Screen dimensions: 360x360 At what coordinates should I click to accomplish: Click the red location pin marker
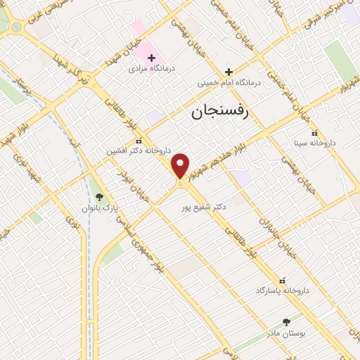181,166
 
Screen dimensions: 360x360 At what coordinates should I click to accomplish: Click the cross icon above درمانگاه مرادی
151,57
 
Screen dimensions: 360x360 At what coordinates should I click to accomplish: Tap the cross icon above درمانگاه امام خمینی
228,71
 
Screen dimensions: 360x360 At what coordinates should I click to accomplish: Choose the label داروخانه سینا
315,143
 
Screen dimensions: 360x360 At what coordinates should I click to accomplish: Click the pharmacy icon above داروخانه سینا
314,132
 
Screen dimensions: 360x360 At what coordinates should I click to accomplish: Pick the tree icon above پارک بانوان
99,197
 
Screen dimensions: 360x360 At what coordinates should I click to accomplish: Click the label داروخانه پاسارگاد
283,290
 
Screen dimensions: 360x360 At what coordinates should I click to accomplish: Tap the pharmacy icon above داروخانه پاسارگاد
283,279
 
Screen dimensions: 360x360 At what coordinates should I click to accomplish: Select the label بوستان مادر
285,332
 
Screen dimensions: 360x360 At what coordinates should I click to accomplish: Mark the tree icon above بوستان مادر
285,321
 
